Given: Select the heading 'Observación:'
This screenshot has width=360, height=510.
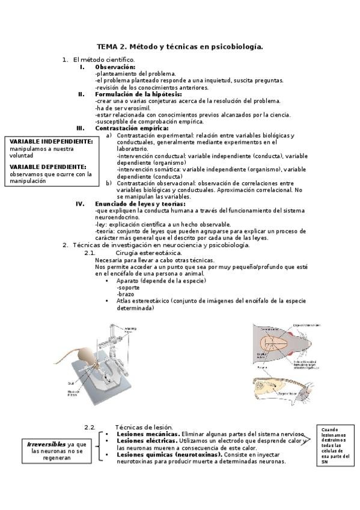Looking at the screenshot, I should (x=115, y=67).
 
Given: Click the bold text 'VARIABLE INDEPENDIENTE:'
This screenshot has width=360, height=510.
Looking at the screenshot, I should (x=51, y=141).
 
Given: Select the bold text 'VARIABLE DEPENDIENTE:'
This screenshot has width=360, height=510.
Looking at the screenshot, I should (x=47, y=167).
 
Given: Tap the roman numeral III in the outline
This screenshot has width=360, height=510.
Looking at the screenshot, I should (x=80, y=128).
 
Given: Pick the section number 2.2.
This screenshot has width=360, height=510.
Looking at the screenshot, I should (x=90, y=427).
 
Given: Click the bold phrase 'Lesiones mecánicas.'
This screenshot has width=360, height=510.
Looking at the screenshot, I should (x=148, y=434).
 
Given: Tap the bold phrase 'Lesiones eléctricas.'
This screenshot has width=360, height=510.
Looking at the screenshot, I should (x=147, y=441).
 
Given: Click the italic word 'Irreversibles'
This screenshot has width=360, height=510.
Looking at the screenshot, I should (x=46, y=444).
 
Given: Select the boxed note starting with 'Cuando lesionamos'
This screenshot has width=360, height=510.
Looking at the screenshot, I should (x=338, y=446).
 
